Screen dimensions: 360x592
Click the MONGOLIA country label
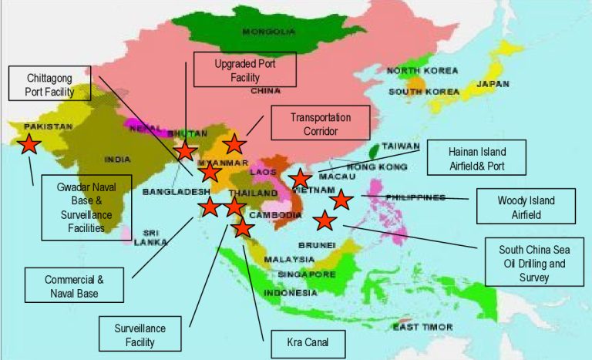tap(268, 32)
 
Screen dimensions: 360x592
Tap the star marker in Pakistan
tap(29, 143)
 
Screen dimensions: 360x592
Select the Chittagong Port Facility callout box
tap(49, 83)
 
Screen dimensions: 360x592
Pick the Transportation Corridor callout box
tap(320, 124)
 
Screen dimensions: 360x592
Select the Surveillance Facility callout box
tap(144, 335)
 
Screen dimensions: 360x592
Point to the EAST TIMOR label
tap(417, 327)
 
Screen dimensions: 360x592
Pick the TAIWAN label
tap(401, 146)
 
